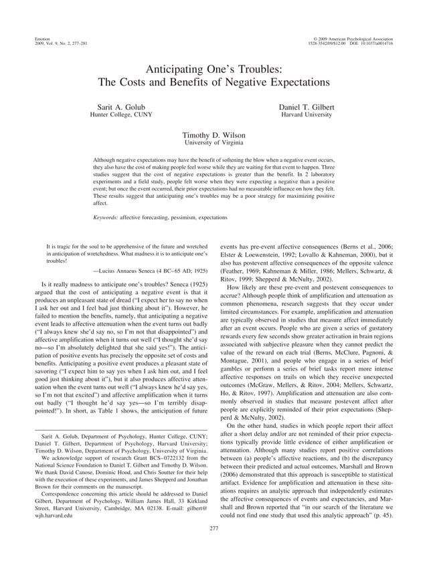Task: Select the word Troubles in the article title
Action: (264, 68)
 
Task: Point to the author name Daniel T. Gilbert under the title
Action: (307, 107)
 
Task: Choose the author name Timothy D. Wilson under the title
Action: (214, 134)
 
